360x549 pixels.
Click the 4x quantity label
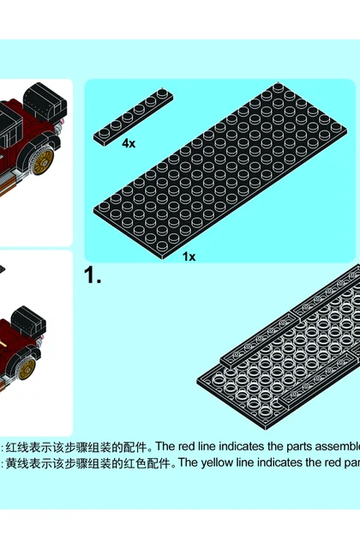click(129, 143)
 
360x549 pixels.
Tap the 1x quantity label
click(189, 256)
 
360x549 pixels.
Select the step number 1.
click(93, 275)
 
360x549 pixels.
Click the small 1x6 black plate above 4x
click(133, 117)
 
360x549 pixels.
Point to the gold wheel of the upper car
click(42, 162)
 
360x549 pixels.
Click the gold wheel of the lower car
click(27, 369)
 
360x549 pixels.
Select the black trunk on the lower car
click(28, 322)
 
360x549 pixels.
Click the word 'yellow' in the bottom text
click(217, 463)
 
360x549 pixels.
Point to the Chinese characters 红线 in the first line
click(17, 447)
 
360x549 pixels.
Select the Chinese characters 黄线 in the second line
click(17, 463)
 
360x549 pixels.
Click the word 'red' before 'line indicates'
click(187, 446)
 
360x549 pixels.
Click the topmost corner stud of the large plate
click(278, 87)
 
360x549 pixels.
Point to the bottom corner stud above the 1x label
click(162, 245)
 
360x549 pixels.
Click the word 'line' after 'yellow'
click(242, 462)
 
